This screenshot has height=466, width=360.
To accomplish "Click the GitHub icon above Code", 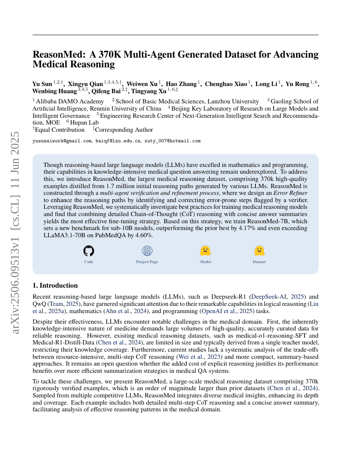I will pos(89,251).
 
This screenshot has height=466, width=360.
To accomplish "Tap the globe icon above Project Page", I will pos(147,251).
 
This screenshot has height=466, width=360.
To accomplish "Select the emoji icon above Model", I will pos(205,251).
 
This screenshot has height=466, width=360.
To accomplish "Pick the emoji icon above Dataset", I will pos(259,251).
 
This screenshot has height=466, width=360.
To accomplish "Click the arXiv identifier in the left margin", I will pos(15,233).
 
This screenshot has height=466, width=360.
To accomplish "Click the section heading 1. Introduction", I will pos(55,285).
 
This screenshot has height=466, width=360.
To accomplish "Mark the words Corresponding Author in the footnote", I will pos(125,130).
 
